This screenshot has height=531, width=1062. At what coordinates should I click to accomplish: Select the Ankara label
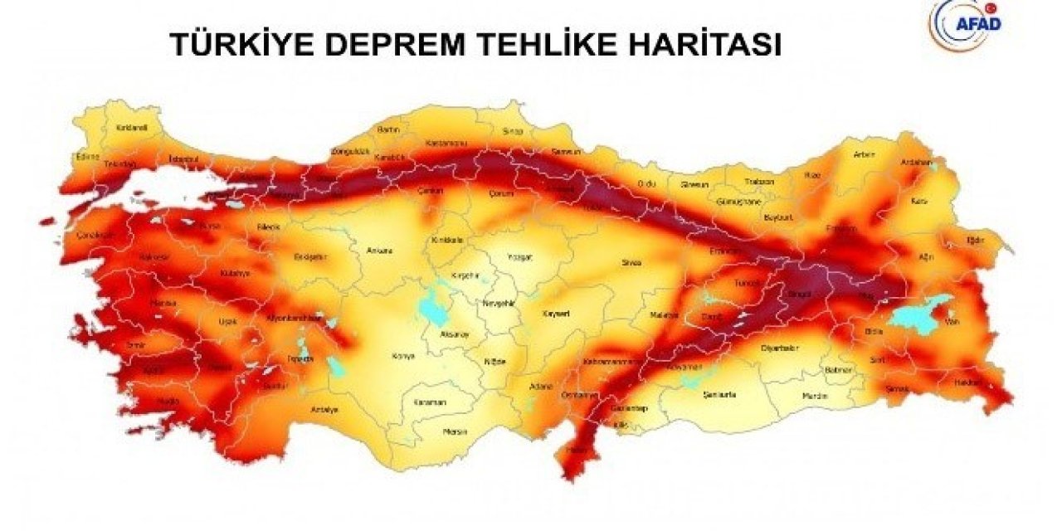[378, 250]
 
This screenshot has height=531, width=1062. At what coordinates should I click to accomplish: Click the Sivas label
[631, 263]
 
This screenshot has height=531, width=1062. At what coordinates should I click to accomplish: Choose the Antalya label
[324, 410]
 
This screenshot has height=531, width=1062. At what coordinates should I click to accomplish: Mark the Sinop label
[513, 131]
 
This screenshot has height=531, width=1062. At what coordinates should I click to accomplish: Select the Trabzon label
[758, 181]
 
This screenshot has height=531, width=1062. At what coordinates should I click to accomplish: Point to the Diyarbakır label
[779, 348]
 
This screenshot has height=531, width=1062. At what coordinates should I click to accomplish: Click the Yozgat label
[519, 257]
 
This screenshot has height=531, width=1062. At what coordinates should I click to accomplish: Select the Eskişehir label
[311, 256]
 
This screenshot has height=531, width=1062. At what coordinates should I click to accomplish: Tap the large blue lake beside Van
[917, 313]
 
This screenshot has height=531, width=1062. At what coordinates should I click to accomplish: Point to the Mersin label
[455, 431]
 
